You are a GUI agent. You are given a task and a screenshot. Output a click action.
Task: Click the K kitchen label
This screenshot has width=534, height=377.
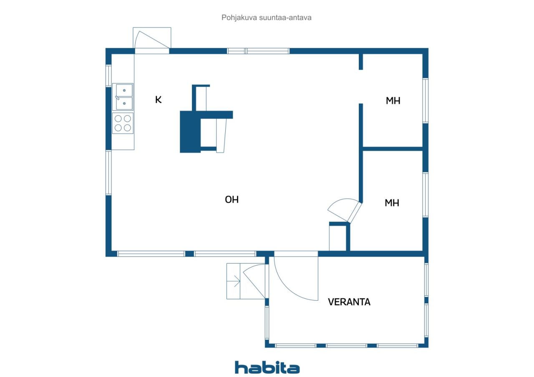click(158, 100)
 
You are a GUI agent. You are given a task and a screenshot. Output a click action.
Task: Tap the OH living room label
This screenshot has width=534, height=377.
click(232, 200)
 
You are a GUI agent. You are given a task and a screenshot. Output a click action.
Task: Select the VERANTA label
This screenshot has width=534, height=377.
click(349, 302)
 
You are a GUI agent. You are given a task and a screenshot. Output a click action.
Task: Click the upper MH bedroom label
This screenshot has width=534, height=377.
click(393, 101)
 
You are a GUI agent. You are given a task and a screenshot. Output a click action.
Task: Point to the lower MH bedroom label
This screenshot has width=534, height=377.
click(392, 203)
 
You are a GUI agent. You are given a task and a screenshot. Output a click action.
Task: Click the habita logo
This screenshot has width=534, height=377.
click(267, 367)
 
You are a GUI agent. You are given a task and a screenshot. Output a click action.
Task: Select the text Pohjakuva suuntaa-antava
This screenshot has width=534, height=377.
click(266, 17)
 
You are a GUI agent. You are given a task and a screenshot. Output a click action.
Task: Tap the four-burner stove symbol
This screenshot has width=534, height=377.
click(123, 123)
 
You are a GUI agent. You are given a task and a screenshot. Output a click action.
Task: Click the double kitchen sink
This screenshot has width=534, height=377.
click(123, 97)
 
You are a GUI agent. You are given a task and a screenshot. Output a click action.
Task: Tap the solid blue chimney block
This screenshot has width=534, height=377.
click(190, 132)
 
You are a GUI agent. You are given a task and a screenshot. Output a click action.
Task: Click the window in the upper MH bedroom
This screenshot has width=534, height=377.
click(426, 100)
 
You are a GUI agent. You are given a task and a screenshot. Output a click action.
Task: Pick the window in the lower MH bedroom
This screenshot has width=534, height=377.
click(426, 195)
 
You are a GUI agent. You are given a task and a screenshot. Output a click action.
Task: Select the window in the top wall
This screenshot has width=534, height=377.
click(258, 51)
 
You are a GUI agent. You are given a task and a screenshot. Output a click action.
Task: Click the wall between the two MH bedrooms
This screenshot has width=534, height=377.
click(393, 149)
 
